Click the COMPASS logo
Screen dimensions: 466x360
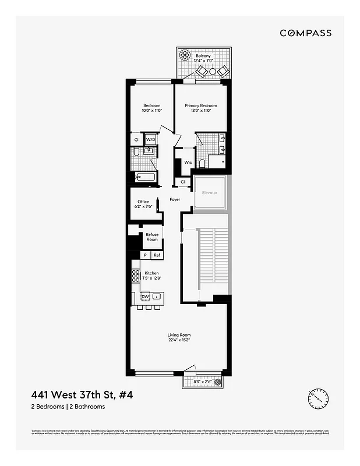305,33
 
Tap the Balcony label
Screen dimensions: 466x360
204,57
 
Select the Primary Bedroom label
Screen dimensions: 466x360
201,105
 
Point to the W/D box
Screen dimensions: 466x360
151,140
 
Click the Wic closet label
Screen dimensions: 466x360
188,163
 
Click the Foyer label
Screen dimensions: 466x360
175,200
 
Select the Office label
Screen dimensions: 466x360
143,202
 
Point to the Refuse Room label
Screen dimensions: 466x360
152,237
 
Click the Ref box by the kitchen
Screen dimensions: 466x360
157,255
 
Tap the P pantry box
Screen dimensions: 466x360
145,255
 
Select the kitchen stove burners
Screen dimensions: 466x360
136,277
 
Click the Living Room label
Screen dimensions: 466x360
179,335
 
